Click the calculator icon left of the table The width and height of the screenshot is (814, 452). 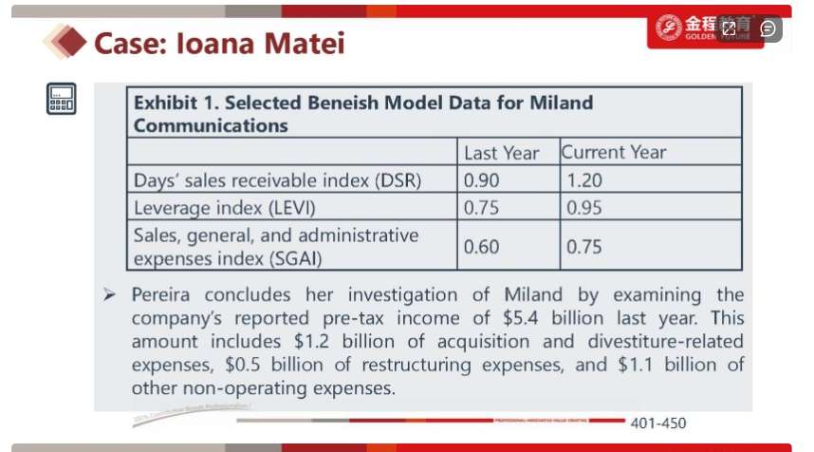tap(62, 98)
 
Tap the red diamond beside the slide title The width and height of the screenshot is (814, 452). tap(61, 42)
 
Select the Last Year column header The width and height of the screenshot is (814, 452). tap(501, 153)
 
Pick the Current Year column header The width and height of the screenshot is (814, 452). tap(613, 152)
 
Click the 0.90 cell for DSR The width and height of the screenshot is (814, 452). tap(481, 179)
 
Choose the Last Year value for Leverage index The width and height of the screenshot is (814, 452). tap(481, 207)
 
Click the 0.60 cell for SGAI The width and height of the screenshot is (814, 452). tap(481, 247)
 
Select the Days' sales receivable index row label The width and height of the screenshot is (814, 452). tap(277, 179)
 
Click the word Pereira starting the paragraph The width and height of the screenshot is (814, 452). tap(163, 294)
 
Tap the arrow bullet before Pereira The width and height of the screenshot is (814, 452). tap(110, 295)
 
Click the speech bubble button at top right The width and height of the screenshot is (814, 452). tap(768, 28)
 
